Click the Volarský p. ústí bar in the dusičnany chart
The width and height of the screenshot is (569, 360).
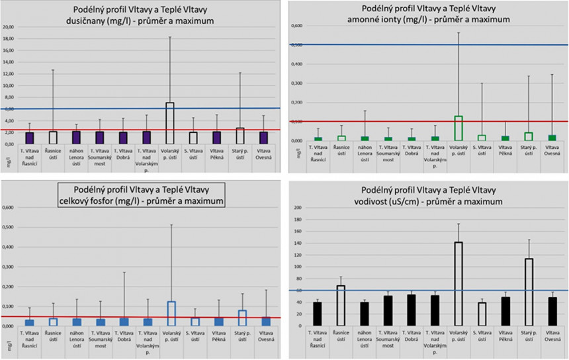pos(169,123)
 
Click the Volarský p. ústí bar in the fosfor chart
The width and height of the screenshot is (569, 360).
pos(171,314)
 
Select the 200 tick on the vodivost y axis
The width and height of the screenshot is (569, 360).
pos(297,208)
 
